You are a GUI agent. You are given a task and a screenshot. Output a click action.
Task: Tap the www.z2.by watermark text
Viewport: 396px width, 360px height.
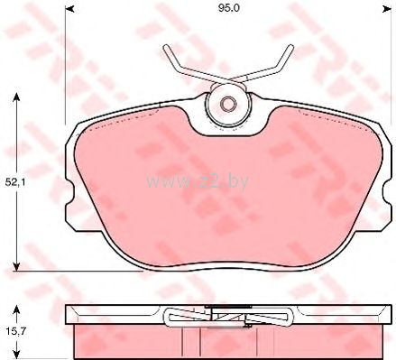(198, 181)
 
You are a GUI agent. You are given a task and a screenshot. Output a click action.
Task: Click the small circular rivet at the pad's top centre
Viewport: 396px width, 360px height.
(228, 104)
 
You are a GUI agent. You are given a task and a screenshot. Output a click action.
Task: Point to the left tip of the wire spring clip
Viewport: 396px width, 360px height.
(166, 48)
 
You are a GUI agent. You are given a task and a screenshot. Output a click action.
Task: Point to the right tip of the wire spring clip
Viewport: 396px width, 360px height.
(290, 47)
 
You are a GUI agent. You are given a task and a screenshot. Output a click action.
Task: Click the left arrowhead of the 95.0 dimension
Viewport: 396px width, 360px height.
(69, 10)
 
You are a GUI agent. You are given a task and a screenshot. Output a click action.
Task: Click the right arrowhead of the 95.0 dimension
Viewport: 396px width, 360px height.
(387, 10)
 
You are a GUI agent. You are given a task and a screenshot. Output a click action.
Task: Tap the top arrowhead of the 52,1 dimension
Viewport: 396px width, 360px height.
(16, 97)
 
